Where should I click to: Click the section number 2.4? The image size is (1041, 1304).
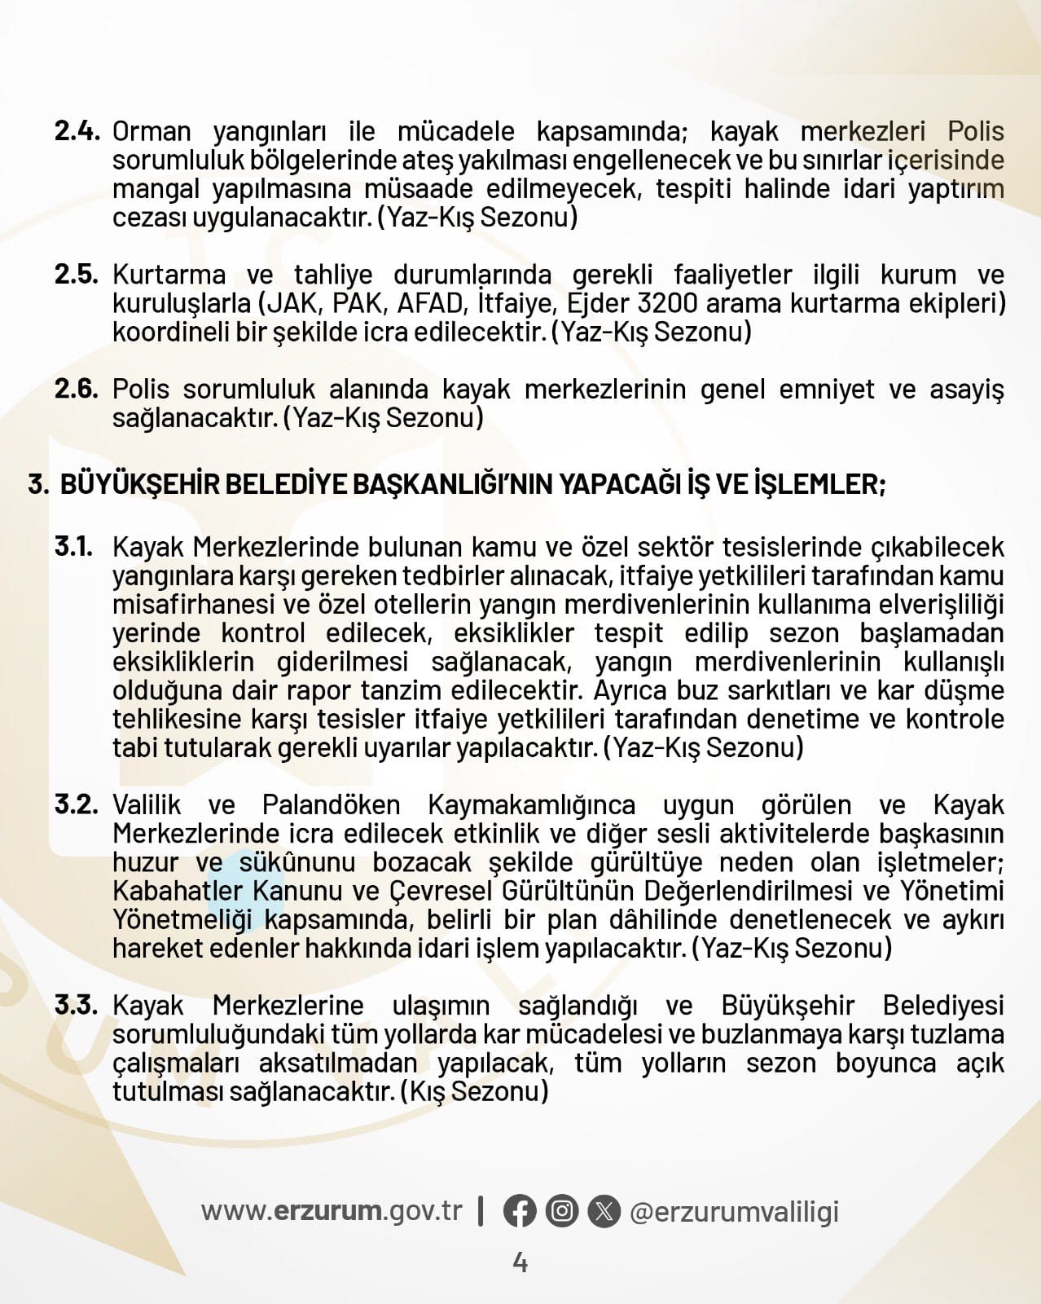[x=77, y=131]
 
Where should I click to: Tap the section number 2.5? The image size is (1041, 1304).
[x=77, y=275]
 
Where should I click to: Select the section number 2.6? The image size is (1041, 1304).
[x=77, y=389]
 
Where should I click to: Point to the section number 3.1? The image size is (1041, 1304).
[x=74, y=547]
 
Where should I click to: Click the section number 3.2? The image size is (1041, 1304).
[x=77, y=804]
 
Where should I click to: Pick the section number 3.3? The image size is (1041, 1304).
[x=77, y=1005]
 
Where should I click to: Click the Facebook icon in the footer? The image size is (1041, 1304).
[x=520, y=1211]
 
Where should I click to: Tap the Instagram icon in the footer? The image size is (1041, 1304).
[x=562, y=1211]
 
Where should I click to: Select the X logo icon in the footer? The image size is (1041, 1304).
[x=604, y=1211]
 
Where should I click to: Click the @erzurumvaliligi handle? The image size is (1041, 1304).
[x=734, y=1212]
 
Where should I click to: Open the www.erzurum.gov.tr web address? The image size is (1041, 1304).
[x=332, y=1211]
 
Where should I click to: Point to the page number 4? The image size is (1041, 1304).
[x=520, y=1263]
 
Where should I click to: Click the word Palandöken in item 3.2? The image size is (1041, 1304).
[x=331, y=805]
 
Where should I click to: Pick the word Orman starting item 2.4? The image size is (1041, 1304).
[x=152, y=131]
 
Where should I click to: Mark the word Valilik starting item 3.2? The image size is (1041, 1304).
[x=147, y=805]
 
